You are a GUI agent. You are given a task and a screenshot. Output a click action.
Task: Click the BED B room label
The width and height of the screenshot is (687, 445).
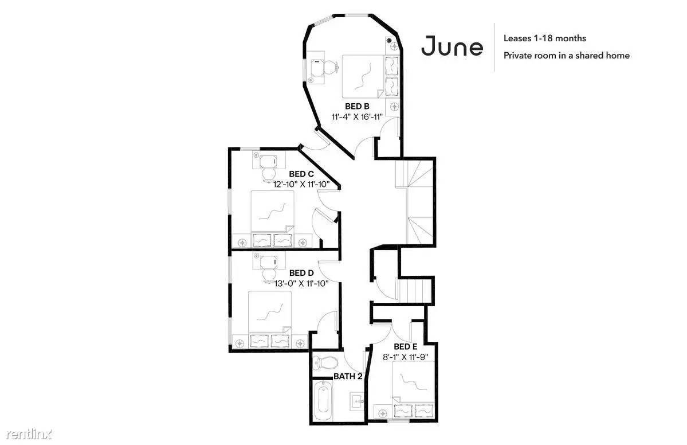coord(356,106)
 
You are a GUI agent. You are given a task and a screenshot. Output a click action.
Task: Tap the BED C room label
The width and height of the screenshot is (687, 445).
coord(301,174)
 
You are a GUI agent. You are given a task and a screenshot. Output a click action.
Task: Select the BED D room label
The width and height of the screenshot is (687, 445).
coord(301,273)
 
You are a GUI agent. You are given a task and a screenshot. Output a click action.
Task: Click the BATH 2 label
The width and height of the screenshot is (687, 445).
coord(348,376)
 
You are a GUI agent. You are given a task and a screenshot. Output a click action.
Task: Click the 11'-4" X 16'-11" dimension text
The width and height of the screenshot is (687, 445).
coord(357,116)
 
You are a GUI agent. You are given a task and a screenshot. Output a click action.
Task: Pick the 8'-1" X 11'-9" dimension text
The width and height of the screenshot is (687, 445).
coord(405,357)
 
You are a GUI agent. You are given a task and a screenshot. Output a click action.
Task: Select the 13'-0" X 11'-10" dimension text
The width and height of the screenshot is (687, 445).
coord(301,283)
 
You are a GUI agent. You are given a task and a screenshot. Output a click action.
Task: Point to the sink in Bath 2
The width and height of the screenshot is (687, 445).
coord(356,401)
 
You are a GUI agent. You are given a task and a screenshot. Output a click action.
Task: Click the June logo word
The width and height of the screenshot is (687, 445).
coord(452,46)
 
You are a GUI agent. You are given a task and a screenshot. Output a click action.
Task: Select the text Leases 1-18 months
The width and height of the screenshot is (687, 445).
coord(544,38)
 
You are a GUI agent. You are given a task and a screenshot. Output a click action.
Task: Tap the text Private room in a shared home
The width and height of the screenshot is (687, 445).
coord(567,55)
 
